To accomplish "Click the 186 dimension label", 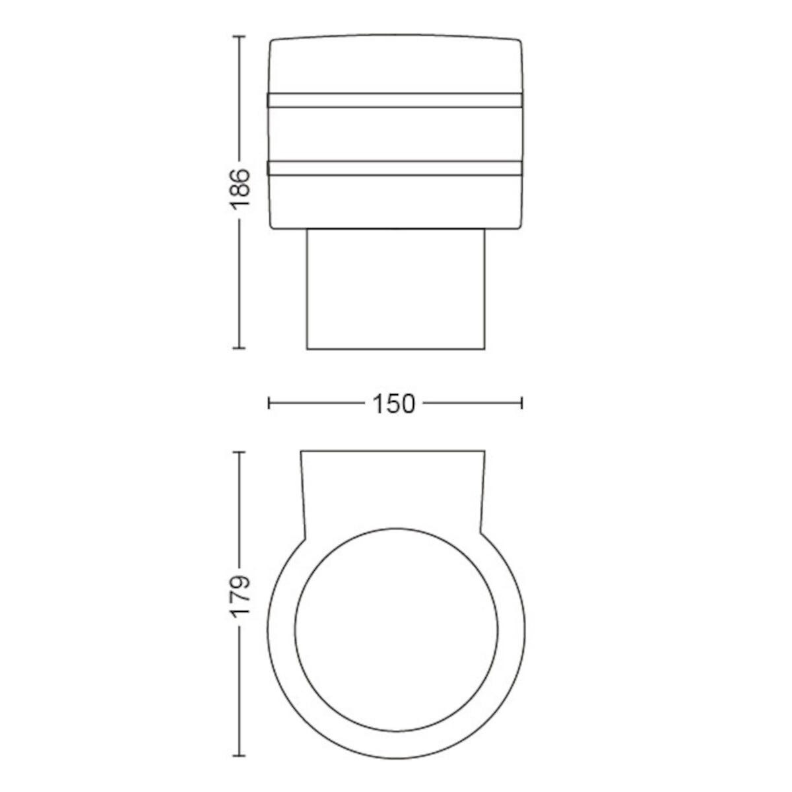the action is click(x=239, y=189).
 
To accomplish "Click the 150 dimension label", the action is click(x=394, y=404).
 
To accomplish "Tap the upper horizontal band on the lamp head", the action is click(x=395, y=100).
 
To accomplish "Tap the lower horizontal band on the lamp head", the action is click(x=395, y=168).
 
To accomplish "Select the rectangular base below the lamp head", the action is click(x=395, y=289).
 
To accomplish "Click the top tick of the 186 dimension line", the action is click(x=239, y=36).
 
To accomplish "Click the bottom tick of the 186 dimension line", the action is click(x=239, y=348).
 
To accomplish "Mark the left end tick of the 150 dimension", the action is click(x=269, y=403).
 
